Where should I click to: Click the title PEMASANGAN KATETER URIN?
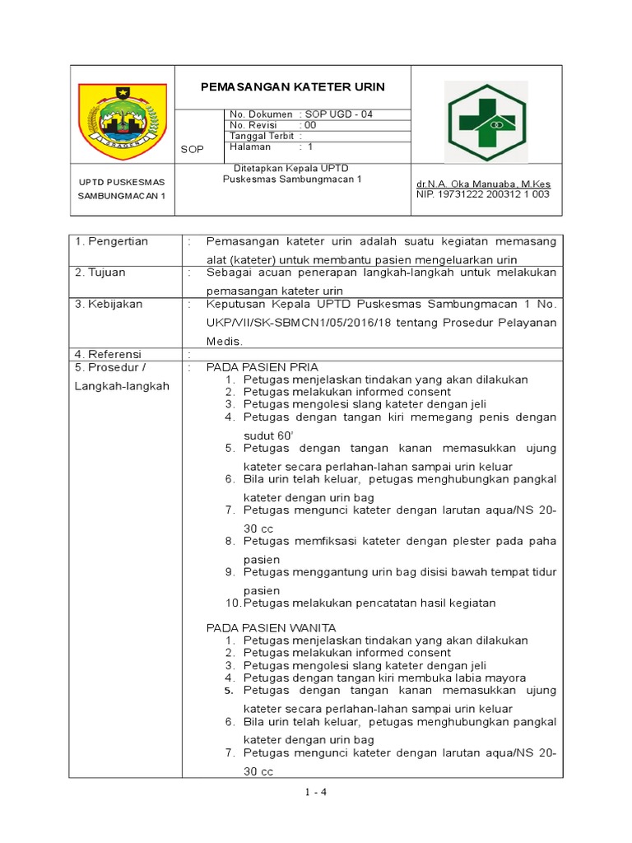click(294, 86)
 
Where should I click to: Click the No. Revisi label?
click(253, 125)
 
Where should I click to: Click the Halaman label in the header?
click(250, 147)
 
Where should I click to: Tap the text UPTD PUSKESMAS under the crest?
click(122, 181)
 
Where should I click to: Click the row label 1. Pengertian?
click(112, 241)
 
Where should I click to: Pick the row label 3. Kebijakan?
click(109, 304)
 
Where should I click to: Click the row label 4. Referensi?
click(109, 354)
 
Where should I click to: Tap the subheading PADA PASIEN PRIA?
click(262, 366)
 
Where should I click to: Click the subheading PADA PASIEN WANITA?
click(271, 627)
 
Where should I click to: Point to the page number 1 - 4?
click(315, 793)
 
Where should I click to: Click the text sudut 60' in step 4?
click(268, 435)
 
